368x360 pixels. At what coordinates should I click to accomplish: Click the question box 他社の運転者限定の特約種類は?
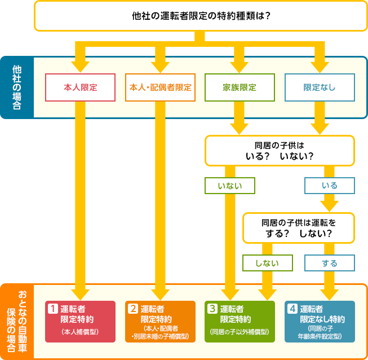201,16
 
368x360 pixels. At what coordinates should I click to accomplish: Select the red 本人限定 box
80,87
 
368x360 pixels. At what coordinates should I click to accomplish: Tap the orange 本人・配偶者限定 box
160,87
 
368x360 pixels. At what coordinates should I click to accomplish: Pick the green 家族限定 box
240,87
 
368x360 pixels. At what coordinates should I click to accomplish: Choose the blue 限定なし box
320,87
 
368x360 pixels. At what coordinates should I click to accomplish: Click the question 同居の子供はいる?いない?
280,151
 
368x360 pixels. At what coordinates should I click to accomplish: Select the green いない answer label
230,186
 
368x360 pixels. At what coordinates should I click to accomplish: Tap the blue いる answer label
330,186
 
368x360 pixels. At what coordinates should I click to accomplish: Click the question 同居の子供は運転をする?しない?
299,228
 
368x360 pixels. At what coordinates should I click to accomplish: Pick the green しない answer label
268,263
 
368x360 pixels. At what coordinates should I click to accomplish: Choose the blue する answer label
330,263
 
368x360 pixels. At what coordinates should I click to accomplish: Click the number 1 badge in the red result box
53,309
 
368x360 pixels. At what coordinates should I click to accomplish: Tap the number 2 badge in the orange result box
133,309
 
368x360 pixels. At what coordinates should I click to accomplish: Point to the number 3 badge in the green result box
212,309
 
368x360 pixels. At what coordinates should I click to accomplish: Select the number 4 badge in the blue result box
292,309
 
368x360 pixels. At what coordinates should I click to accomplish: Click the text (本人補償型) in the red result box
80,332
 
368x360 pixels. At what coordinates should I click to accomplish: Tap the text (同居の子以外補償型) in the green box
240,332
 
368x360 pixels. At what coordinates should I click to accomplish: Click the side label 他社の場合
17,87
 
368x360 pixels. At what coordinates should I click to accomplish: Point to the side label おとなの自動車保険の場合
17,322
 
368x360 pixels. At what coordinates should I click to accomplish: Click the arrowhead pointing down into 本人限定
80,67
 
